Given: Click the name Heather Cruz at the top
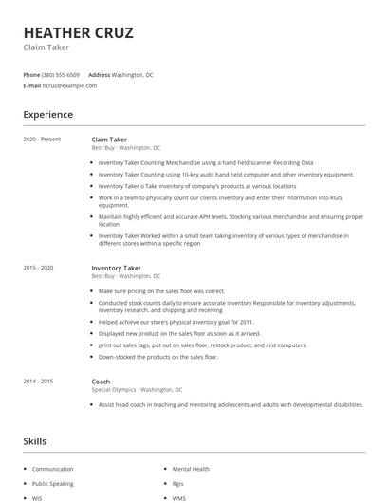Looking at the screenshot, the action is (78, 33).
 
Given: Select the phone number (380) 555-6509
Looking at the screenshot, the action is (61, 74).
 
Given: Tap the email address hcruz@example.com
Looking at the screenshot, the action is (69, 85).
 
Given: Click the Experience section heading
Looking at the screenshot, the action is (48, 115).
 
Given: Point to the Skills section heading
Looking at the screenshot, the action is (35, 441).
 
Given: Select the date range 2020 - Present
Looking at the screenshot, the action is (42, 140).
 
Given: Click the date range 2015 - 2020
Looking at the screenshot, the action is (40, 268).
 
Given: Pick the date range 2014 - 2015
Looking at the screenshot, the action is (40, 381).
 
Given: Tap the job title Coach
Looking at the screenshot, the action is (101, 381).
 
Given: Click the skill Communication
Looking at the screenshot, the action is (52, 469).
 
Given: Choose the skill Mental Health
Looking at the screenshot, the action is (192, 469).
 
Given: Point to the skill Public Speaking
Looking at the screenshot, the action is (52, 483).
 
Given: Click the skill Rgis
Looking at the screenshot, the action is (178, 483).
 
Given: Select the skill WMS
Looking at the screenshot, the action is (179, 497).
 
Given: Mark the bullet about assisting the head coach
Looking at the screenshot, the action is (231, 404).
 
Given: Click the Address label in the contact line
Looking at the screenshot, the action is (99, 74).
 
